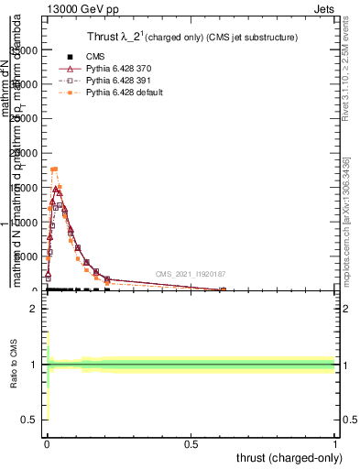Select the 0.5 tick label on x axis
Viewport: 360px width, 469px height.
[191, 442]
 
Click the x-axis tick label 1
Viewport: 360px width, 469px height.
[335, 442]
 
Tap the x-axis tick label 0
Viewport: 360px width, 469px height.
[47, 442]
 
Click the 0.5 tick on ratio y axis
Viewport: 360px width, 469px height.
[31, 420]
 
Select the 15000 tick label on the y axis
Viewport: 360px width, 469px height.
[27, 188]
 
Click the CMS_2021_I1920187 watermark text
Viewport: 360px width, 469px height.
[190, 274]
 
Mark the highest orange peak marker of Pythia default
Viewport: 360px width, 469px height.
[55, 169]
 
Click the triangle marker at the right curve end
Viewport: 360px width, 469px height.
[223, 290]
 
